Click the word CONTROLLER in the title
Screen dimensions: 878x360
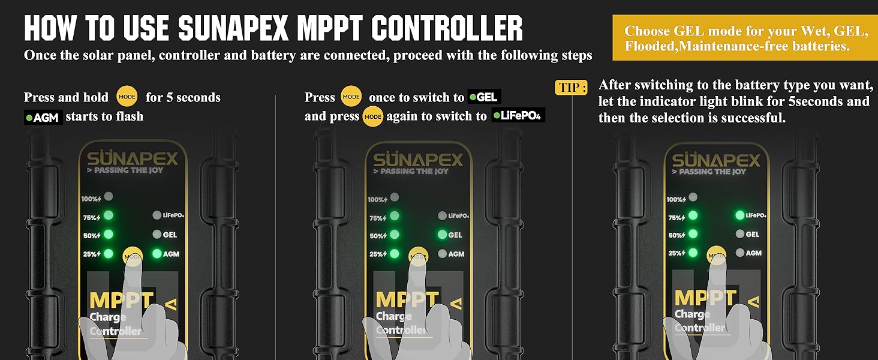[x=447, y=28]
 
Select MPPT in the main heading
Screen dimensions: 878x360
[x=328, y=28]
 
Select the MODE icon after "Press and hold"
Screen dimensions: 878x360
[x=127, y=97]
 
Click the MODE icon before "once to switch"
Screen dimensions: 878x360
[x=351, y=97]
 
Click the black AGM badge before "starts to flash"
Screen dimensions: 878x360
[x=43, y=117]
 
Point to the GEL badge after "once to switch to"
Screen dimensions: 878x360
[x=485, y=97]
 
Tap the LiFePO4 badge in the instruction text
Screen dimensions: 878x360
[x=518, y=115]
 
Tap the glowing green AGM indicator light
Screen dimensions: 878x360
[x=157, y=254]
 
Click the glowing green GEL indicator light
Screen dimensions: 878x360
[x=443, y=235]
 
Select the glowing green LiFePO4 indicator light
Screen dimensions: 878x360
[x=739, y=215]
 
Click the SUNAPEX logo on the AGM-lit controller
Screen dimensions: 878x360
[x=133, y=160]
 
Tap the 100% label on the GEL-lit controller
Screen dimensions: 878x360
[x=378, y=200]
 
